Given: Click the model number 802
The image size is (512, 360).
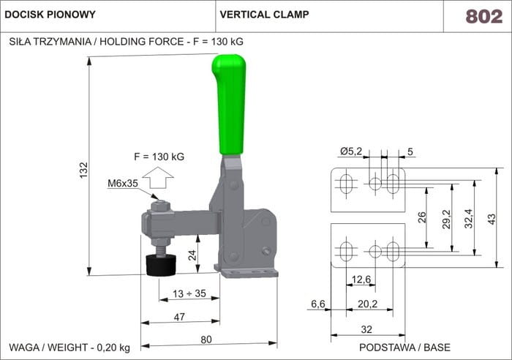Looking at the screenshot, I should pos(483,16).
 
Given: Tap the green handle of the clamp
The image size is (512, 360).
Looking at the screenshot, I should pos(230,102).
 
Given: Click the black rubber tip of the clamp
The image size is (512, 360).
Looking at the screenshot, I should pos(161,265).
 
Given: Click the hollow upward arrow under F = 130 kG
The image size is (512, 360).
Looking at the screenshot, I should pos(158,177).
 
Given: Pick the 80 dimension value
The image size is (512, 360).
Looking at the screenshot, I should pos(206,339).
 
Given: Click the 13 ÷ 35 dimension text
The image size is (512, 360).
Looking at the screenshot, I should pos(179,294).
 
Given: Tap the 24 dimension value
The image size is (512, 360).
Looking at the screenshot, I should pos(191,255).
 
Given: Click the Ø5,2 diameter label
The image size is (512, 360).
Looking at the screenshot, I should pos(351,151).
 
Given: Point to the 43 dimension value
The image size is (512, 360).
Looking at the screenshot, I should pos(492,218).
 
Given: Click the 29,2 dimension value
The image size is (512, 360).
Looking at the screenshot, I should pos(445,218).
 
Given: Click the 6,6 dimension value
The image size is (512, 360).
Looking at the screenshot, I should pos(317,304).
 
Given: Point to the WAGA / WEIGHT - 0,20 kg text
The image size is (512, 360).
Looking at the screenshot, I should pos(69,347).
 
